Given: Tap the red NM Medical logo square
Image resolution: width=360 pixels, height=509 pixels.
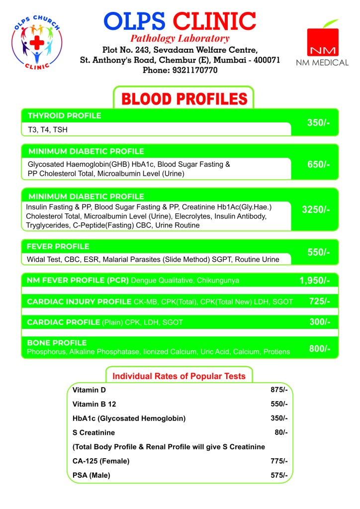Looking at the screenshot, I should click(x=322, y=42).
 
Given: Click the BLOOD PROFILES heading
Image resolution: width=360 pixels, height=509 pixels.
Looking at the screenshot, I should click(x=184, y=99).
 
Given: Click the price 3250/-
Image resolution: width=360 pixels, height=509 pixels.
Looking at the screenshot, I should click(x=316, y=209).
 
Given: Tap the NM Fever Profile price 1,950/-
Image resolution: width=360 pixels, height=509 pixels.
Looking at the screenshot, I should click(x=315, y=281).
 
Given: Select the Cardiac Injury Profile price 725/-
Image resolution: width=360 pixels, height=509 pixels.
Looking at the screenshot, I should click(x=319, y=301).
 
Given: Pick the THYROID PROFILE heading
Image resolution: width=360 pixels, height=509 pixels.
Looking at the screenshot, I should click(x=65, y=116).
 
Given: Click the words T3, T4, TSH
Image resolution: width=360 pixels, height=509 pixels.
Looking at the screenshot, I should click(x=48, y=130).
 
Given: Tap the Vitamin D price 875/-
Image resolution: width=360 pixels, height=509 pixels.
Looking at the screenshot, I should click(x=279, y=390).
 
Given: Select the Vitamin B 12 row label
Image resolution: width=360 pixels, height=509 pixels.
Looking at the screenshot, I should click(x=94, y=404).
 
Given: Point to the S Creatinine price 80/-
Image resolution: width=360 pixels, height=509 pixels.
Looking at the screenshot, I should click(x=281, y=432).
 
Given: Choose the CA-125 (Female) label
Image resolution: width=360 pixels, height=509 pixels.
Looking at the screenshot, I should click(x=101, y=461).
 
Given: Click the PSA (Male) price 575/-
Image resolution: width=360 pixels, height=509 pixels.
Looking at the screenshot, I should click(x=279, y=475).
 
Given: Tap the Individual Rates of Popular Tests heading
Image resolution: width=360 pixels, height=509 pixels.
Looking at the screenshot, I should click(x=179, y=376).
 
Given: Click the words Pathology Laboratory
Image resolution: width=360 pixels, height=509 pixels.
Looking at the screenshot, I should click(x=180, y=39).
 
